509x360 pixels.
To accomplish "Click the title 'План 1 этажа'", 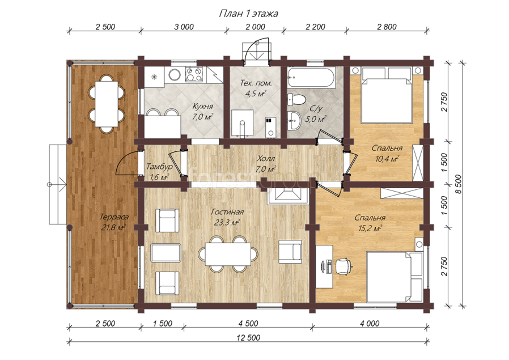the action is pyautogui.click(x=248, y=14).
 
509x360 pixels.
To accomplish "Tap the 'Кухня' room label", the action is pyautogui.click(x=202, y=107).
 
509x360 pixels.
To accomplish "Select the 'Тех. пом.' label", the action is pyautogui.click(x=256, y=83).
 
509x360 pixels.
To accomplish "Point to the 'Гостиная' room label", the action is pyautogui.click(x=227, y=212).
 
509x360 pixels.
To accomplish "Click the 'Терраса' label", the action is pyautogui.click(x=114, y=217).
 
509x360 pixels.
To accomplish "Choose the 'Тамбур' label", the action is pyautogui.click(x=159, y=167).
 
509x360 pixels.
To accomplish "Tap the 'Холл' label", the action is pyautogui.click(x=265, y=159).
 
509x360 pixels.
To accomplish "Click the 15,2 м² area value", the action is pyautogui.click(x=370, y=228).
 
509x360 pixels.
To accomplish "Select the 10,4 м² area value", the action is pyautogui.click(x=387, y=159).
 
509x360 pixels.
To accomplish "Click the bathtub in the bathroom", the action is pyautogui.click(x=311, y=78).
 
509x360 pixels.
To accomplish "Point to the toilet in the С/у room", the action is pyautogui.click(x=296, y=99).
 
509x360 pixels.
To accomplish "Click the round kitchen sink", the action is pyautogui.click(x=175, y=75).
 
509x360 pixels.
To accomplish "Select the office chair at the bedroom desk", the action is pyautogui.click(x=343, y=265).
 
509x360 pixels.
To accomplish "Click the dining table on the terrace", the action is pyautogui.click(x=107, y=104).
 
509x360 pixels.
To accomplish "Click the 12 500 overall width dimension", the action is pyautogui.click(x=248, y=337).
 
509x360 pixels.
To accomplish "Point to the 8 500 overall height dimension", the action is pyautogui.click(x=459, y=184).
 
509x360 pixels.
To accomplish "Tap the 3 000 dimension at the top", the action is pyautogui.click(x=184, y=27).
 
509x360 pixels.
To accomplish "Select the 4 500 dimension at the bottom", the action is pyautogui.click(x=248, y=323).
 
